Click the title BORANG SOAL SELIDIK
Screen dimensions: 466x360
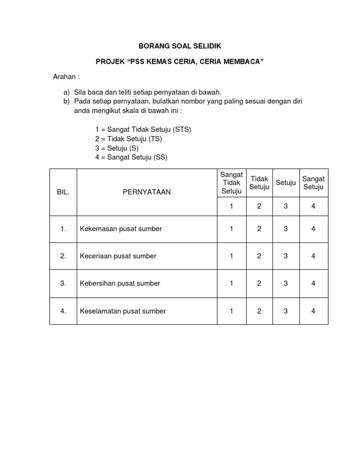[180, 46]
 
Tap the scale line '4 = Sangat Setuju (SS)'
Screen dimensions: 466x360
[131, 158]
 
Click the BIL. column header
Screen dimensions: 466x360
[63, 192]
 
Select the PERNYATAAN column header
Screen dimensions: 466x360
[147, 192]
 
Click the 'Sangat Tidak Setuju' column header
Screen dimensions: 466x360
[232, 183]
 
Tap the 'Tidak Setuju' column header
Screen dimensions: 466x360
[259, 183]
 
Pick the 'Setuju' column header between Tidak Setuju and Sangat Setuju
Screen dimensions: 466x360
[285, 183]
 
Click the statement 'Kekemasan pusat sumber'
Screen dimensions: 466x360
[121, 229]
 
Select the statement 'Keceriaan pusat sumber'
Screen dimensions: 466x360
[118, 256]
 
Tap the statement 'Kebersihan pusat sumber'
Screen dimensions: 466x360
[120, 283]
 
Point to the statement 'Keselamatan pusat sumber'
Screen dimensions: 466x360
[123, 311]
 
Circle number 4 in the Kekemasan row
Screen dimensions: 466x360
[313, 229]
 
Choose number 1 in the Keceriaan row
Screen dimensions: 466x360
[232, 256]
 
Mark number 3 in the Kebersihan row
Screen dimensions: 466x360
[285, 283]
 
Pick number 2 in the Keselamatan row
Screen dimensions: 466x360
[259, 311]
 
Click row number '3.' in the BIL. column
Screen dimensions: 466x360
[63, 283]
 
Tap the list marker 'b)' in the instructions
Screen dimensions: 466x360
[66, 101]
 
